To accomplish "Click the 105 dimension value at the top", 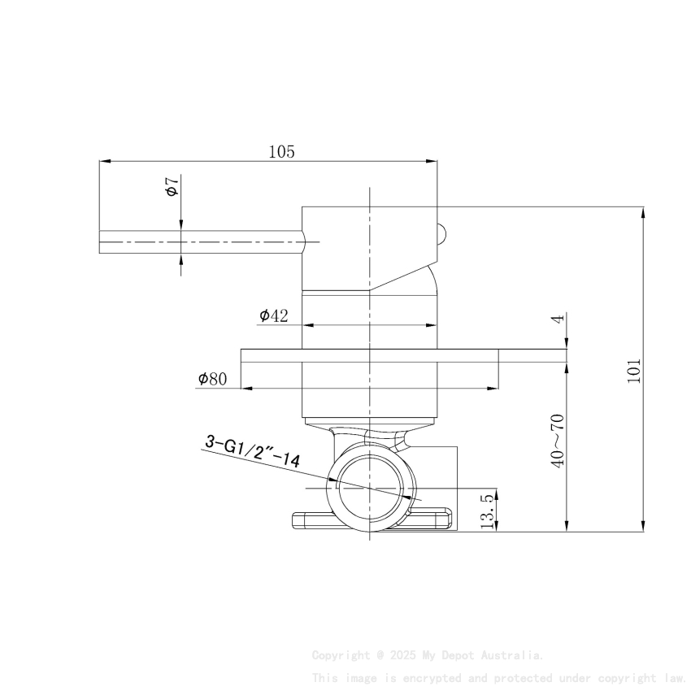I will [x=281, y=151].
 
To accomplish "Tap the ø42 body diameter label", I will [x=274, y=315].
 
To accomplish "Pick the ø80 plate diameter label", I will [x=212, y=379].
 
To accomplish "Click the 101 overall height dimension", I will [x=635, y=370].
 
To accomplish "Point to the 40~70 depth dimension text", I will [x=557, y=440].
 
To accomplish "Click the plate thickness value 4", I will [x=557, y=319].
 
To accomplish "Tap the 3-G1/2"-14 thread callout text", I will [x=252, y=452].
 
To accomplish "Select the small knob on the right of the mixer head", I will [x=441, y=234].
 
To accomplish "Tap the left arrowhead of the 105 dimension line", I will [x=104, y=161].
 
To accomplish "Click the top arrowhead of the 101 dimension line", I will [x=644, y=212].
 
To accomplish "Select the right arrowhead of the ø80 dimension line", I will [x=493, y=389].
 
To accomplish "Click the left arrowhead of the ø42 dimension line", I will [x=308, y=324].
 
